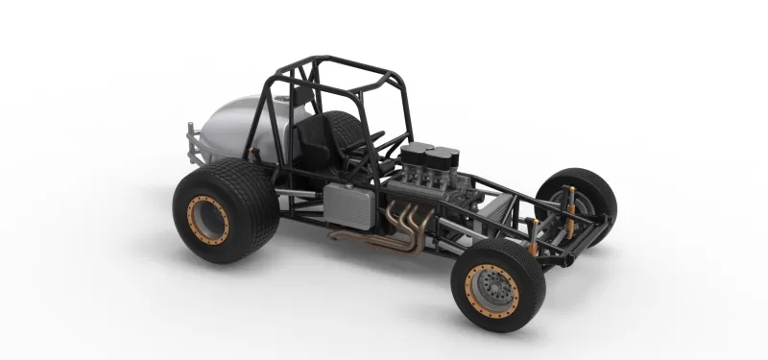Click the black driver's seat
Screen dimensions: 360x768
click(x=317, y=144)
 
